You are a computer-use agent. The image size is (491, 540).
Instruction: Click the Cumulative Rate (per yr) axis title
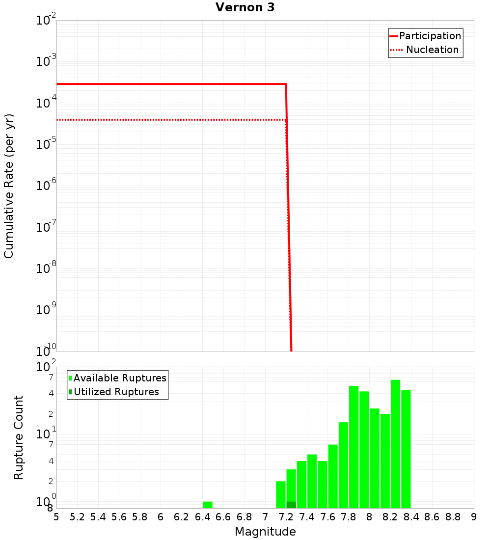pyautogui.click(x=9, y=186)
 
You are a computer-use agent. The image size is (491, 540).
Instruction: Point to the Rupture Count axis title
pyautogui.click(x=19, y=437)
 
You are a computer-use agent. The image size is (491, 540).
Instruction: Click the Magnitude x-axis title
pyautogui.click(x=265, y=532)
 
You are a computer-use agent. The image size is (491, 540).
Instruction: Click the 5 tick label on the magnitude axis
pyautogui.click(x=56, y=517)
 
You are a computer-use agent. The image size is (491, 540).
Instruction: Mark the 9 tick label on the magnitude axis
pyautogui.click(x=474, y=517)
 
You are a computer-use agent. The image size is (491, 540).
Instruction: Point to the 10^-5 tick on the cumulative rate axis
pyautogui.click(x=46, y=144)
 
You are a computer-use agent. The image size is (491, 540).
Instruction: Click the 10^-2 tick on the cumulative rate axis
pyautogui.click(x=46, y=21)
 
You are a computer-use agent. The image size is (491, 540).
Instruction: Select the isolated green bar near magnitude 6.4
pyautogui.click(x=208, y=505)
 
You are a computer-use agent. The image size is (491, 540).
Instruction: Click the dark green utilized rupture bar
pyautogui.click(x=291, y=505)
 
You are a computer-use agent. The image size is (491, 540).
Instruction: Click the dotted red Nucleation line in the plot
pyautogui.click(x=172, y=119)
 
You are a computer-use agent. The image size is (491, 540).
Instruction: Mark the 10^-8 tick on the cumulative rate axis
pyautogui.click(x=46, y=269)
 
